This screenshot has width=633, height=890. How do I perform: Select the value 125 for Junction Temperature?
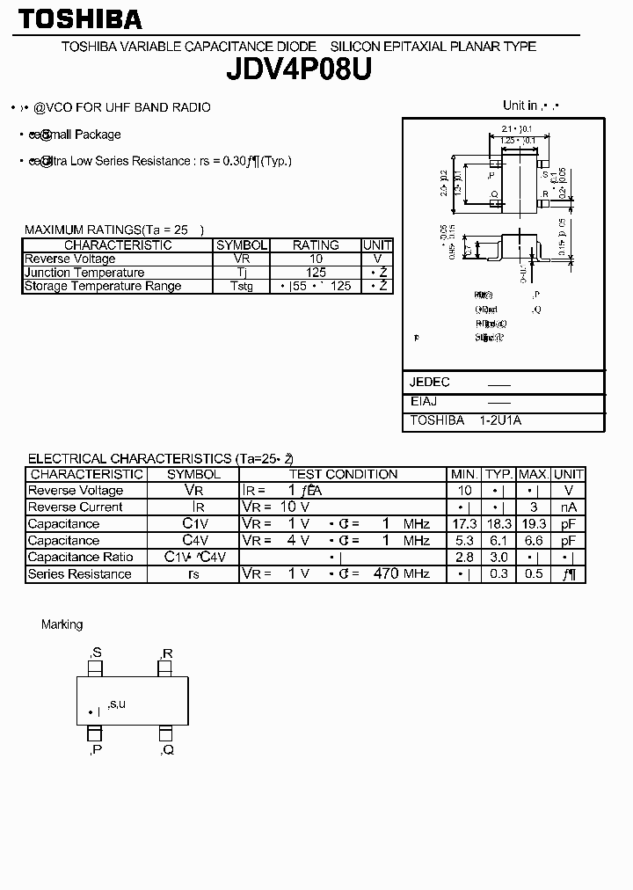315,273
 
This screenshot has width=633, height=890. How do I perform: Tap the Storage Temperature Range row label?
103,286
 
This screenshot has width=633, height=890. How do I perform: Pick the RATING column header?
315,245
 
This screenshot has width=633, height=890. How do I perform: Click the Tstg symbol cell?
241,286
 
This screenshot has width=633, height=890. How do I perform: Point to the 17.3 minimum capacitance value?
463,524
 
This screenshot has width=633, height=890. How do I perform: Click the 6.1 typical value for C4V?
498,541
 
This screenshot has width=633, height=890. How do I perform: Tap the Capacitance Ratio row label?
80,558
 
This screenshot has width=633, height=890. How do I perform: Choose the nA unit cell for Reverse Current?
569,507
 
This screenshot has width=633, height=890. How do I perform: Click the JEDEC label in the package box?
430,383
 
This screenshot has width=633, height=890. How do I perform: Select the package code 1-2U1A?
501,421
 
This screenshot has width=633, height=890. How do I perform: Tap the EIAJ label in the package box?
424,401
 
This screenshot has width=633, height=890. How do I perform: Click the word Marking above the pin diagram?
62,624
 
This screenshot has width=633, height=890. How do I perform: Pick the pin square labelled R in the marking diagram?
164,670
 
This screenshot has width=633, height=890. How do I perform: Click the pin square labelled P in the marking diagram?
94,733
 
